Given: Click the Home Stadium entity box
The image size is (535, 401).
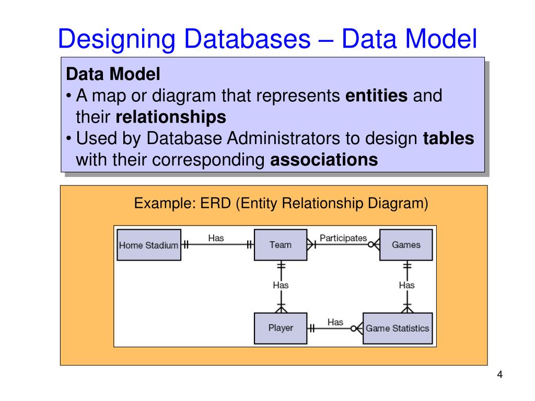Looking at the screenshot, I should tap(149, 245).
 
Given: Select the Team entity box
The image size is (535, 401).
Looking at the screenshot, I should tap(280, 245).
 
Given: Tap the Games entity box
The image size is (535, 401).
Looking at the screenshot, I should tap(405, 245).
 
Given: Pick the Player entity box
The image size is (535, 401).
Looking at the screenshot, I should tap(280, 328).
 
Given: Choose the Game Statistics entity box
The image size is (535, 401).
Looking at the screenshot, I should tap(397, 328).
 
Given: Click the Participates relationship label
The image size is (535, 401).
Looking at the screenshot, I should tap(343, 238).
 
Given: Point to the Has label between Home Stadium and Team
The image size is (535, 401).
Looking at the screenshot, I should tap(216, 238).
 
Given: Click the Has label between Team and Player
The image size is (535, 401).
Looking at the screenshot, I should tap(281, 285).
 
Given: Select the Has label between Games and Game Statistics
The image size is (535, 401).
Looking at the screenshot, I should tap(406, 285).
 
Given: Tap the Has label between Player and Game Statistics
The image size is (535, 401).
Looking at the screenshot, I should tap(335, 322).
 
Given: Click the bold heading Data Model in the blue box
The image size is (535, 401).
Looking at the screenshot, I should tap(113, 75).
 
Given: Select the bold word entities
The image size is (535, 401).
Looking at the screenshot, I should tap(377, 96).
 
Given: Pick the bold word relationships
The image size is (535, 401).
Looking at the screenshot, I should tap(171, 117).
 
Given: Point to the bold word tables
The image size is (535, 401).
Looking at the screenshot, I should tap(448, 139).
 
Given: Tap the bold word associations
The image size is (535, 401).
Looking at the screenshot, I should tap(323, 160).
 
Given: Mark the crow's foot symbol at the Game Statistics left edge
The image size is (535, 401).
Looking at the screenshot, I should tap(357, 328).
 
